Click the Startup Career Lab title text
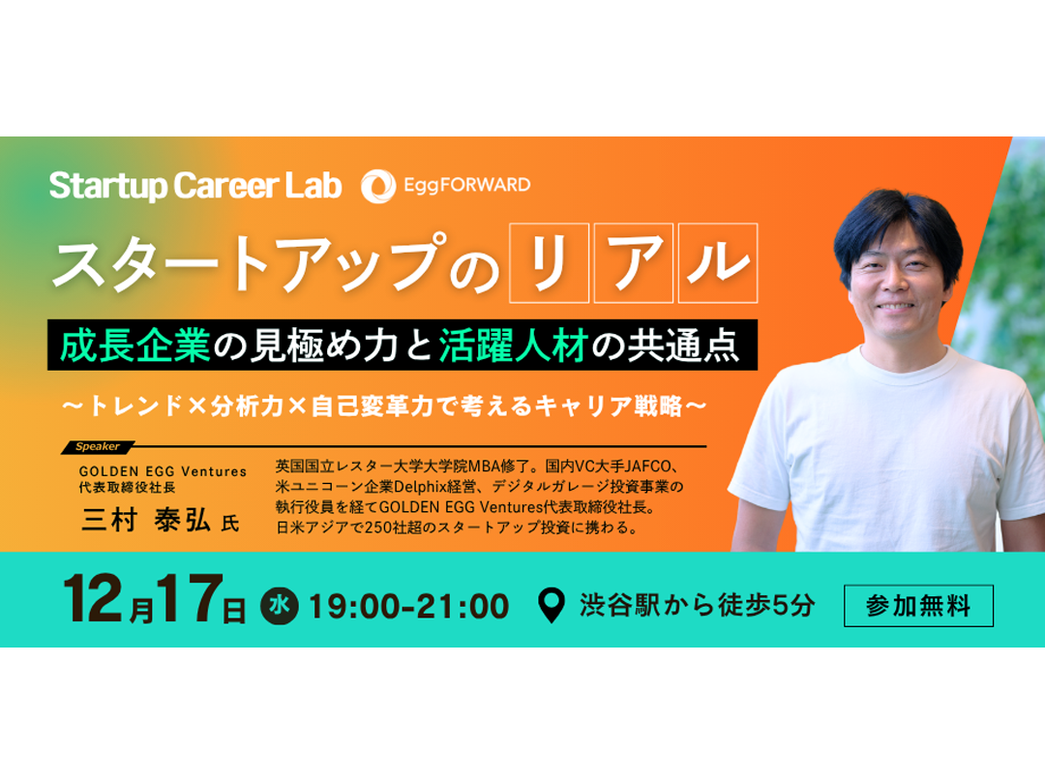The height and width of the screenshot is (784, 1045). point(195,185)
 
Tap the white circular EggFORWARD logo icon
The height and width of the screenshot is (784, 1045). point(377,186)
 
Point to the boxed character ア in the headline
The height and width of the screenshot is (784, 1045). point(633,263)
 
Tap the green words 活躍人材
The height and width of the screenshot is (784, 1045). point(512,346)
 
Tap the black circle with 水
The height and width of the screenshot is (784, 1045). point(277,606)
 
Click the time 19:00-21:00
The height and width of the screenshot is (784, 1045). point(408,606)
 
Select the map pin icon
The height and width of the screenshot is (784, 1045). point(552,606)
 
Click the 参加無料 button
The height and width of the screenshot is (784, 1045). point(918,606)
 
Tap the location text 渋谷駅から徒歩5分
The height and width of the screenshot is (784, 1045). point(697,606)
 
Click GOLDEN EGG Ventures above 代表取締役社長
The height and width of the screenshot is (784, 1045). point(163,471)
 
